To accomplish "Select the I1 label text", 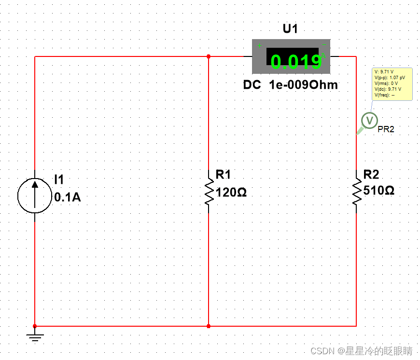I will (59, 180).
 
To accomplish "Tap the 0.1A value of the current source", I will (68, 197).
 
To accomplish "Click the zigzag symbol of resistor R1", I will (209, 192).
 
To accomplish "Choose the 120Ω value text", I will (231, 192).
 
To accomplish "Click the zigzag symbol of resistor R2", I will (357, 192).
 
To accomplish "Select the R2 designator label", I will (371, 174).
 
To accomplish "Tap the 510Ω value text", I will (378, 190).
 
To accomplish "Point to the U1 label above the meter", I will (290, 29).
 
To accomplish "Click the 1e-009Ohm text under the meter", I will (303, 85).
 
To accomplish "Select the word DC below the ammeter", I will (252, 85).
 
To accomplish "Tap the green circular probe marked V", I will (370, 120).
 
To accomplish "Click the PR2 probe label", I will (386, 129).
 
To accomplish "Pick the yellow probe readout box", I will (392, 83).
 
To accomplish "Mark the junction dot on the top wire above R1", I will (209, 56).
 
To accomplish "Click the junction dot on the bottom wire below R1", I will (209, 326).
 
